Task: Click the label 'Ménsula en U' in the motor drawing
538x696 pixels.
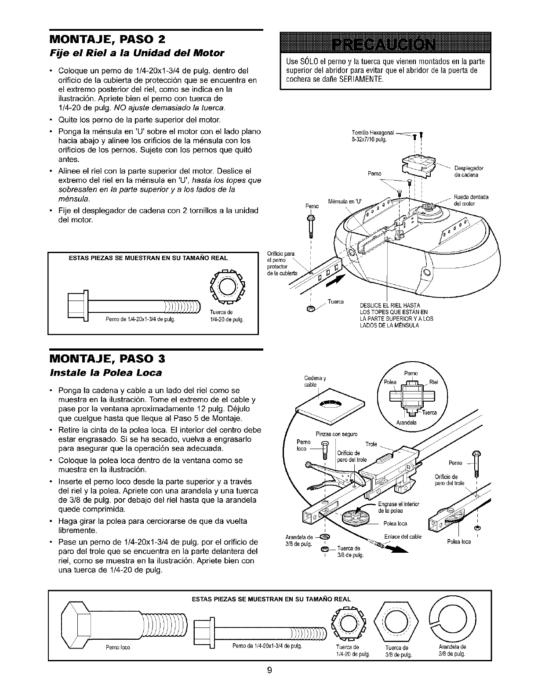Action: pos(345,202)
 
